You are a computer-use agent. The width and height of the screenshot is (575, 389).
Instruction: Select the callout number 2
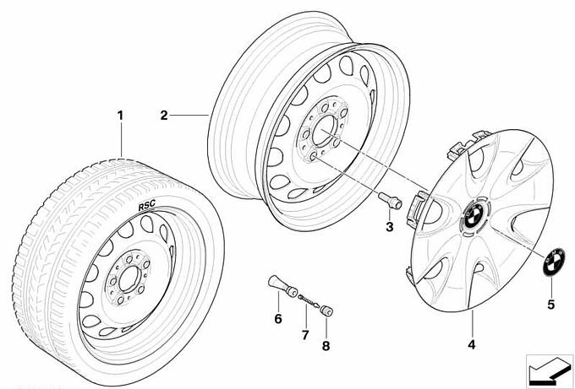click(166, 113)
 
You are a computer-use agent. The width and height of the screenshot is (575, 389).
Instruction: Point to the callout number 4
click(472, 343)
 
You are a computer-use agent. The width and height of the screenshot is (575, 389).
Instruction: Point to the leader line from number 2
click(190, 113)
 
